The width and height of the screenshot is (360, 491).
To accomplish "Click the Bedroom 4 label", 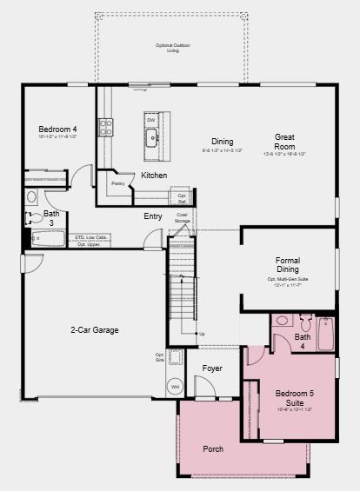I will pyautogui.click(x=57, y=129).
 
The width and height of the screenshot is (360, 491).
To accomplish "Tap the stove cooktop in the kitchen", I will pyautogui.click(x=105, y=127).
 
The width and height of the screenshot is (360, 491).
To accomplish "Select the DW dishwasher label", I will pyautogui.click(x=150, y=120).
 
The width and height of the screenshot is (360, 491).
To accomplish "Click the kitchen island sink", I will pyautogui.click(x=151, y=136).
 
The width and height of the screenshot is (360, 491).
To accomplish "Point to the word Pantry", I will pyautogui.click(x=117, y=183).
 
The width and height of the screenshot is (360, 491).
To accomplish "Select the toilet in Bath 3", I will pyautogui.click(x=31, y=197).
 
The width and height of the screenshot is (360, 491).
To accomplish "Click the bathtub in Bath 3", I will pyautogui.click(x=50, y=236).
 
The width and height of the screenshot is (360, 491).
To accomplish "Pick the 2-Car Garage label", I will pyautogui.click(x=95, y=330).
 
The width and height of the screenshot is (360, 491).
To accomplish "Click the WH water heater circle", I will pyautogui.click(x=175, y=386).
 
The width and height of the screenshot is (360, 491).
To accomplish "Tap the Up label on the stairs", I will pyautogui.click(x=203, y=334).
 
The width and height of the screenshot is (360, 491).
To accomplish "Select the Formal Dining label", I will pyautogui.click(x=287, y=265).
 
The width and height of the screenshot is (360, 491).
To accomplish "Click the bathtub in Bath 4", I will pyautogui.click(x=325, y=332).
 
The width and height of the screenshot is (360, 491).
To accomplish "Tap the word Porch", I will pyautogui.click(x=213, y=449).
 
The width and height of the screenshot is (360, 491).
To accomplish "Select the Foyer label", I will pyautogui.click(x=212, y=368).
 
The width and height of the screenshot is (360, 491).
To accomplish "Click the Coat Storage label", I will pyautogui.click(x=182, y=217).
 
